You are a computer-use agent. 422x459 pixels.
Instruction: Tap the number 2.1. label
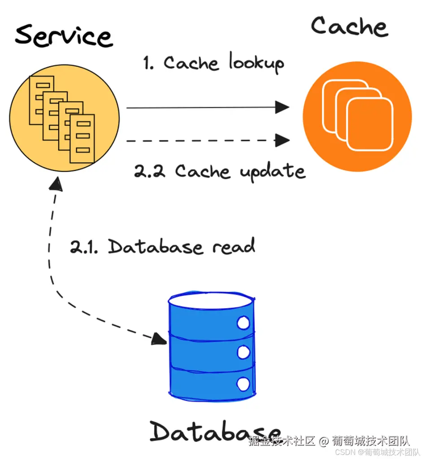[x=86, y=247]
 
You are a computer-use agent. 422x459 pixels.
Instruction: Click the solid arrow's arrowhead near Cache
[x=282, y=107]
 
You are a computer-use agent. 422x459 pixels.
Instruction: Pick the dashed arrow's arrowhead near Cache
[x=282, y=140]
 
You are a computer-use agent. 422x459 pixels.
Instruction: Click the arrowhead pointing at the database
[x=159, y=339]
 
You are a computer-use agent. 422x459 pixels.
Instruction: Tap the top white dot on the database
[x=243, y=323]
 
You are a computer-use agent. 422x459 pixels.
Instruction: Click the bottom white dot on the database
[x=243, y=384]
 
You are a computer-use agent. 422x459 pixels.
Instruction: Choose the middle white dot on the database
[x=243, y=352]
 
